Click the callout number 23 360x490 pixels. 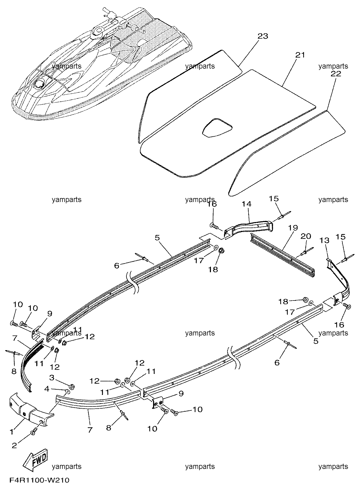pos(263,36)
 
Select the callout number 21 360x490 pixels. pos(300,55)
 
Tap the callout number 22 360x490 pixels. pos(336,74)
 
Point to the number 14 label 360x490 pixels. pos(247,204)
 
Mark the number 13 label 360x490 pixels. pos(325,240)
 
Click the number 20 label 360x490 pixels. pos(306,236)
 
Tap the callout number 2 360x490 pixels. pos(14,445)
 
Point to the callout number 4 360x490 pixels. pos(47,389)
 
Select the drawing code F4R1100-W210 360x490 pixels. pos(39,480)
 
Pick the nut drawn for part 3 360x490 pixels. pos(71,387)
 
